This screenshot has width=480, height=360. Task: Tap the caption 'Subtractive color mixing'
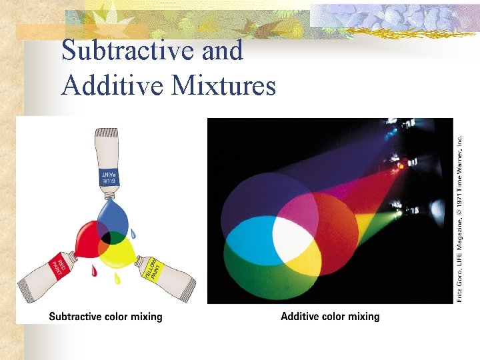click(x=105, y=316)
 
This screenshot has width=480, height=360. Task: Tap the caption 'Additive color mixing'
click(x=330, y=316)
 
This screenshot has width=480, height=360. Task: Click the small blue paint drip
click(x=133, y=235)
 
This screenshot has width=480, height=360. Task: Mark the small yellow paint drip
click(x=117, y=277)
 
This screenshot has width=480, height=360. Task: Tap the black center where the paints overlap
click(x=105, y=238)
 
